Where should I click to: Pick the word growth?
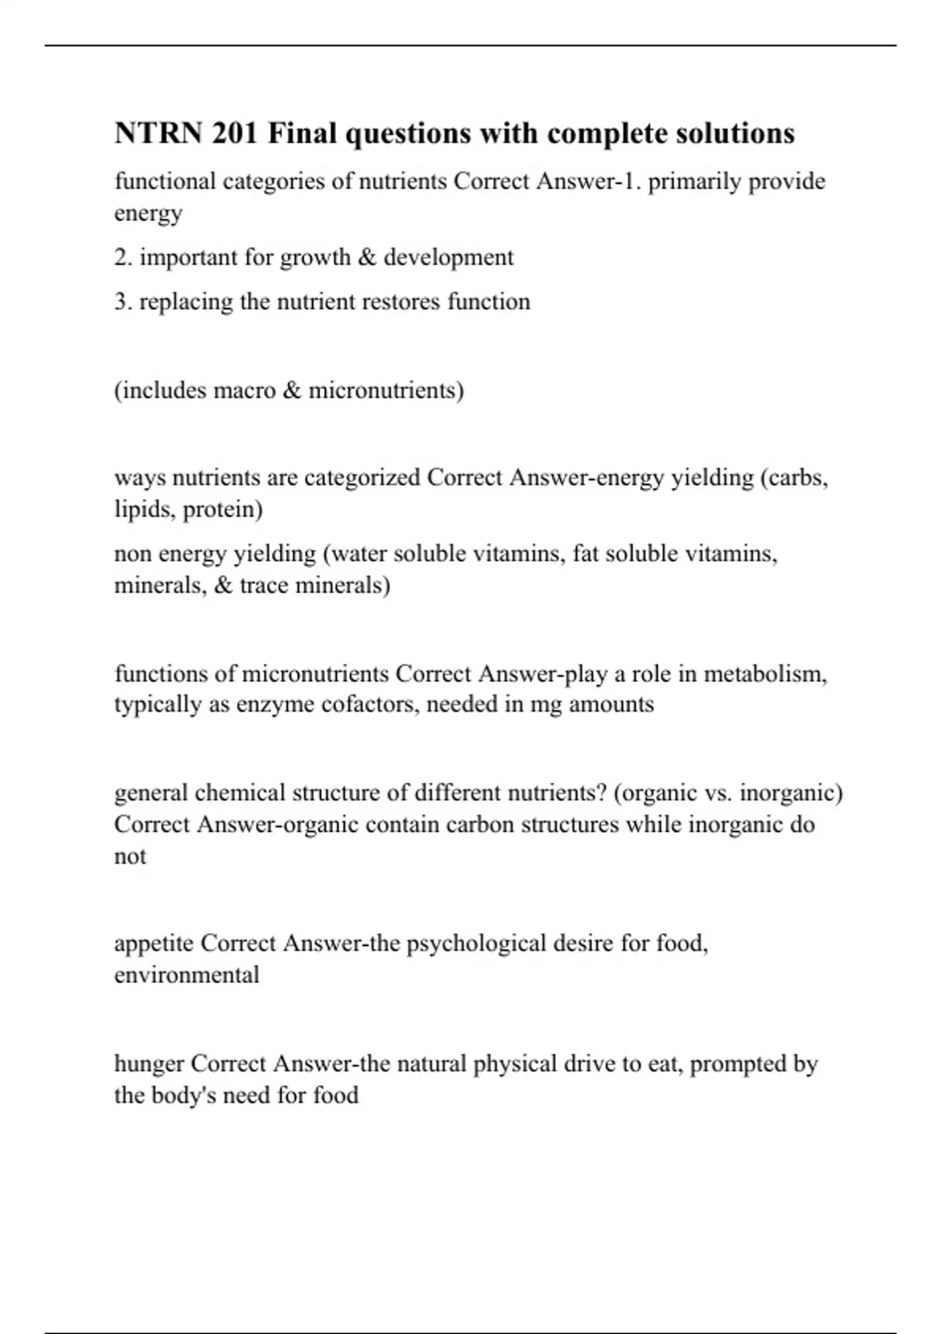click(x=314, y=257)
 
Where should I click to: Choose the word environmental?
click(x=187, y=975)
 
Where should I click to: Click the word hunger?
click(x=149, y=1064)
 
